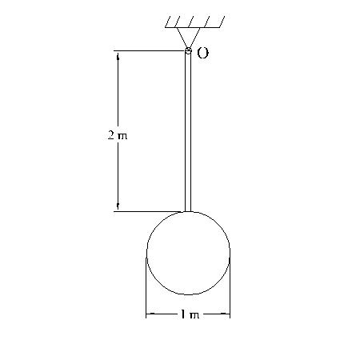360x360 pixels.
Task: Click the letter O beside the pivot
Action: click(202, 54)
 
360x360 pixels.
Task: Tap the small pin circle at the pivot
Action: click(188, 51)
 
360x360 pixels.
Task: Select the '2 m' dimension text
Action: click(118, 135)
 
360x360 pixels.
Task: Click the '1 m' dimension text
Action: click(189, 314)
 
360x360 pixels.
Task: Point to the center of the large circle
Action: click(188, 254)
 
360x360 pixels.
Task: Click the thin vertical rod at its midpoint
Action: click(188, 132)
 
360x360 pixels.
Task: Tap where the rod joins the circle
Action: click(188, 212)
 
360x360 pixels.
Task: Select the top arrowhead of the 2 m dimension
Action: click(118, 56)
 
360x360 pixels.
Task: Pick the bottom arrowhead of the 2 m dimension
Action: click(118, 207)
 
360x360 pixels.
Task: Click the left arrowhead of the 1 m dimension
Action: click(150, 314)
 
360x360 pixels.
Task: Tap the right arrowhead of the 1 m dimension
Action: click(226, 314)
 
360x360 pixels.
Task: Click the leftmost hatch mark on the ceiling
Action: click(171, 22)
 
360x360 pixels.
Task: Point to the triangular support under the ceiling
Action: click(188, 37)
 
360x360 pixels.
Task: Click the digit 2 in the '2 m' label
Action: click(110, 135)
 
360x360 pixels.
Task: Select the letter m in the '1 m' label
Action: click(194, 315)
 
